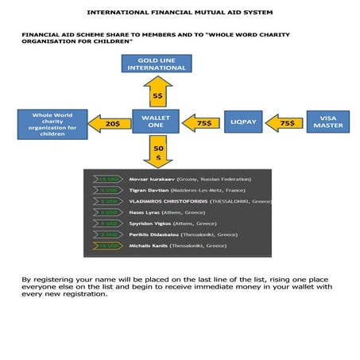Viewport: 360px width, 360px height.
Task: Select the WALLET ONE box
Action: pyautogui.click(x=156, y=122)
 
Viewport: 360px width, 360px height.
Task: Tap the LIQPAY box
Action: pyautogui.click(x=242, y=122)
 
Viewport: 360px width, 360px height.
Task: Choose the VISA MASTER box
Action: pyautogui.click(x=327, y=122)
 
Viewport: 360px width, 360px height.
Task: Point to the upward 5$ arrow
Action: pyautogui.click(x=157, y=93)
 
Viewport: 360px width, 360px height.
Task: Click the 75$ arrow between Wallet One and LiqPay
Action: pyautogui.click(x=200, y=123)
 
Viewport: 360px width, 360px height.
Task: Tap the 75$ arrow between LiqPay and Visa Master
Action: pyautogui.click(x=285, y=123)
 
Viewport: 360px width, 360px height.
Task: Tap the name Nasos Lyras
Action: pyautogui.click(x=144, y=213)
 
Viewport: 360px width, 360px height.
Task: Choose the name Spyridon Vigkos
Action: pyautogui.click(x=149, y=224)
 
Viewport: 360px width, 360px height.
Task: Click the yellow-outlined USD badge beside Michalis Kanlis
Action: pyautogui.click(x=106, y=246)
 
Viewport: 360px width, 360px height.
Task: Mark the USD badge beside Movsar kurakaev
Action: pyautogui.click(x=106, y=180)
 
